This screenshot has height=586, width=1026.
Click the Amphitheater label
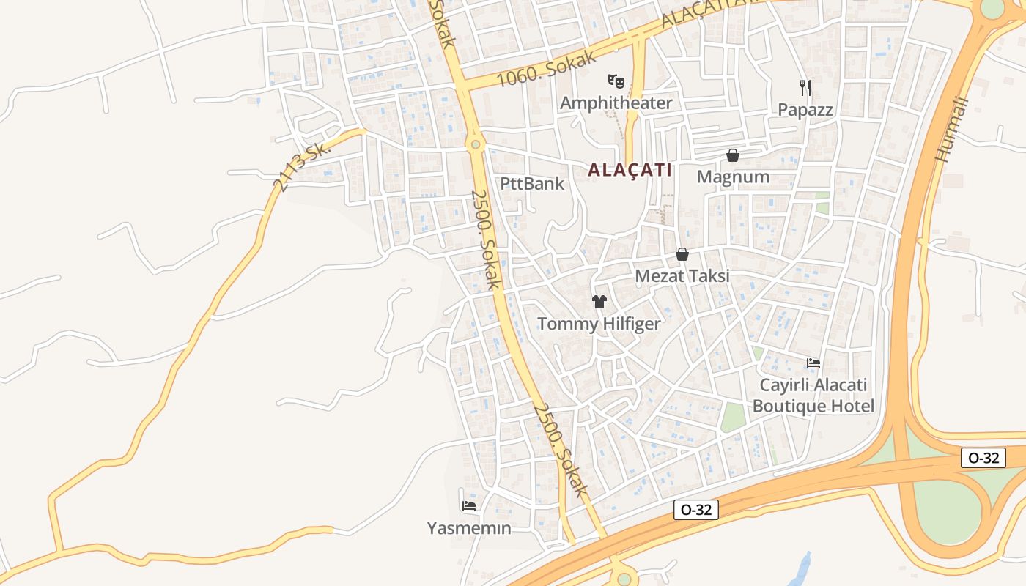616,103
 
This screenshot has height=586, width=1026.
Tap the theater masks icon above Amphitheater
616,80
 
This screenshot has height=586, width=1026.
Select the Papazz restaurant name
805,110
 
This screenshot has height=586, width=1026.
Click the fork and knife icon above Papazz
805,88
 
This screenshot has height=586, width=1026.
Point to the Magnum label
733,177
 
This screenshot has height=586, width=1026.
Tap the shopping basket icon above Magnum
732,155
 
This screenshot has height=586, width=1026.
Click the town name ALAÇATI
630,170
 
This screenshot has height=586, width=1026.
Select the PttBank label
532,184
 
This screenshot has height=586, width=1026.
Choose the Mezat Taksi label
682,276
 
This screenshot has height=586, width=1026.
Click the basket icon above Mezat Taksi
682,254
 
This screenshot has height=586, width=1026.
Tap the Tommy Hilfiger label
599,324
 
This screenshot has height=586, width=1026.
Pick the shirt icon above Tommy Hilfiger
599,301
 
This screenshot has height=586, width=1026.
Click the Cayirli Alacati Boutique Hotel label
813,396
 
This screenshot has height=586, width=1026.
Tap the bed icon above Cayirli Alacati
813,363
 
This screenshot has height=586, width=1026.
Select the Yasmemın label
469,527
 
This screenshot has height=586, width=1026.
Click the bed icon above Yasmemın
469,505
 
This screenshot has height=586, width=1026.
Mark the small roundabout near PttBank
476,144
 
